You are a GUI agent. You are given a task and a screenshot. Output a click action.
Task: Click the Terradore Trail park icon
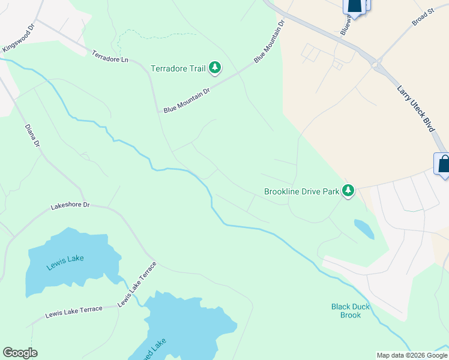pyautogui.click(x=215, y=68)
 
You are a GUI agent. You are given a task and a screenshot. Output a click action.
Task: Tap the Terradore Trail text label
pyautogui.click(x=178, y=68)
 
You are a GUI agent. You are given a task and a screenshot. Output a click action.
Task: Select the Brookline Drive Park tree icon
pyautogui.click(x=348, y=191)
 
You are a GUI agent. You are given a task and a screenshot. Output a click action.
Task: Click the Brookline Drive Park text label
pyautogui.click(x=301, y=192)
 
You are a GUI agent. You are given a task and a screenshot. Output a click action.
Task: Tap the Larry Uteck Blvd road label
pyautogui.click(x=415, y=107)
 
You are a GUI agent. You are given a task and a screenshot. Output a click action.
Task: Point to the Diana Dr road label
pyautogui.click(x=32, y=136)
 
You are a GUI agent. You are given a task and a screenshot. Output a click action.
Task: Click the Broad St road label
pyautogui.click(x=423, y=17)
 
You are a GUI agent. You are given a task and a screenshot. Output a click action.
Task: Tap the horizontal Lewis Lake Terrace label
pyautogui.click(x=74, y=311)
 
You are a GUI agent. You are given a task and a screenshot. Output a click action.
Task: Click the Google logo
pyautogui.click(x=20, y=353)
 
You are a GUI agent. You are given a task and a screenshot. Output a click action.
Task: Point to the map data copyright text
pyautogui.click(x=412, y=355)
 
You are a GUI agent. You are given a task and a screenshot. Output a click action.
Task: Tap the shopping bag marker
pyautogui.click(x=443, y=164)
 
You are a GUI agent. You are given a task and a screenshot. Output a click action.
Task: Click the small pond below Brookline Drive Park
pyautogui.click(x=364, y=228)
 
